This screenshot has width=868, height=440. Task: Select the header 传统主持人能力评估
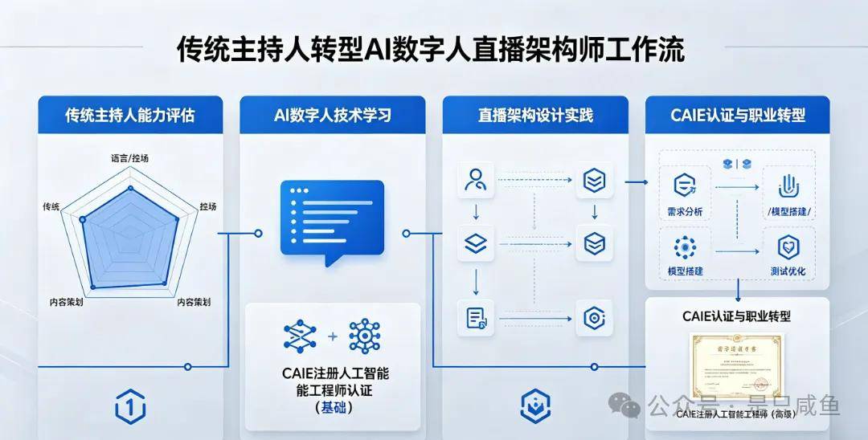pyautogui.click(x=129, y=115)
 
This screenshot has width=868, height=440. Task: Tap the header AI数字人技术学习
pyautogui.click(x=332, y=115)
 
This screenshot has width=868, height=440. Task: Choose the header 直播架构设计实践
pyautogui.click(x=535, y=115)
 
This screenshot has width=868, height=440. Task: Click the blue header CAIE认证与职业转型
pyautogui.click(x=738, y=115)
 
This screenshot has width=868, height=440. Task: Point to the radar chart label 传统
pyautogui.click(x=51, y=207)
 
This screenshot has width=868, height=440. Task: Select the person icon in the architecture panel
pyautogui.click(x=475, y=180)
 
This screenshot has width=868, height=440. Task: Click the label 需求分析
pyautogui.click(x=685, y=211)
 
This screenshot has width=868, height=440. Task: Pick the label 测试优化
pyautogui.click(x=787, y=271)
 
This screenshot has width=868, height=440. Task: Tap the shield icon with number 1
pyautogui.click(x=130, y=408)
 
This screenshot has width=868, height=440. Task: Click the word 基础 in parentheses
pyautogui.click(x=332, y=408)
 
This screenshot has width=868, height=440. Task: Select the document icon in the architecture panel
pyautogui.click(x=475, y=317)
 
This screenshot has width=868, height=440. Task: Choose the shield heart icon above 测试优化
pyautogui.click(x=788, y=247)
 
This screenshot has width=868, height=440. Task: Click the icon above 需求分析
pyautogui.click(x=685, y=185)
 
